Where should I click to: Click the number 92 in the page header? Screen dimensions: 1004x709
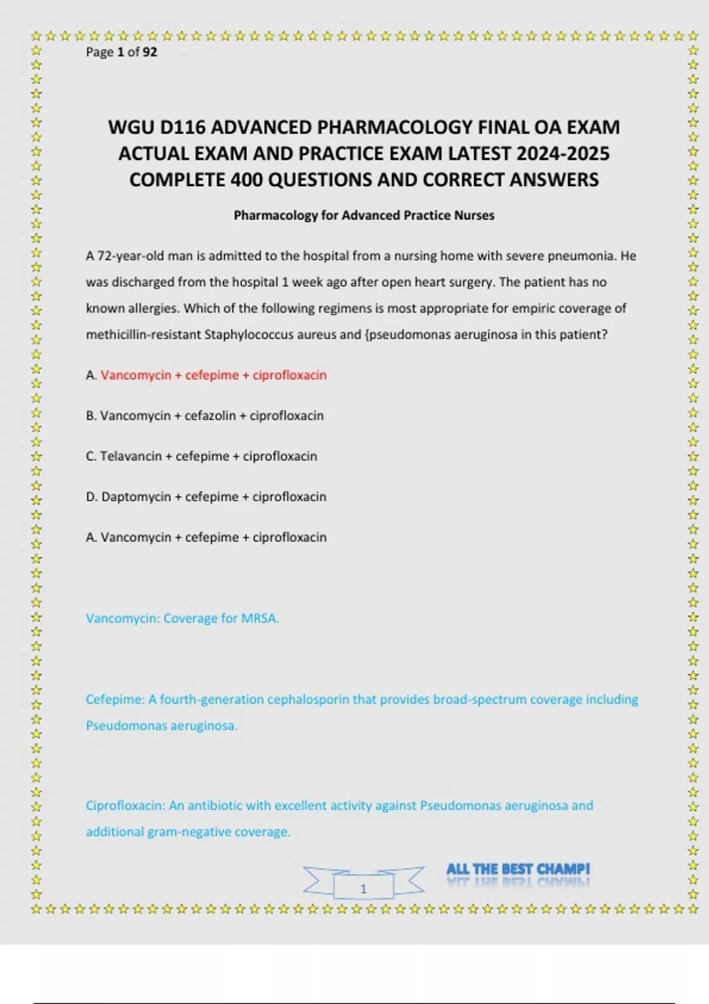coord(150,52)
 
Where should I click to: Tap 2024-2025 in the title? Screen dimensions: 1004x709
coord(562,154)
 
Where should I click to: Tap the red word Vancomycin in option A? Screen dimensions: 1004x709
coord(135,376)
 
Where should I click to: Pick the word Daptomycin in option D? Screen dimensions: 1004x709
coord(136,497)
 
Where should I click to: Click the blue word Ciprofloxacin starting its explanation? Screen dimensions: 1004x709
coord(125,806)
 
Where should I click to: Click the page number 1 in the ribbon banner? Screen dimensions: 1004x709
coord(363,889)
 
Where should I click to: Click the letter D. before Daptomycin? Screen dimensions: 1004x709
coord(92,497)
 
